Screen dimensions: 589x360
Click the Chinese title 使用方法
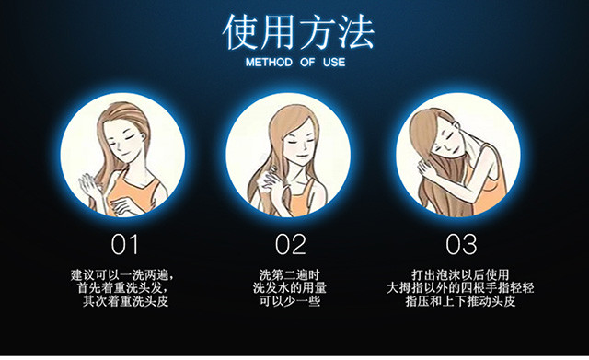[298, 32]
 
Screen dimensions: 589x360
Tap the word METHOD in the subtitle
[269, 63]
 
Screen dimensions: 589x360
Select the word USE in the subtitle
[334, 63]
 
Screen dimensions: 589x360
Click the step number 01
[125, 245]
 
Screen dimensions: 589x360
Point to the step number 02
[291, 245]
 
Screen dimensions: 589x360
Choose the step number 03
[461, 245]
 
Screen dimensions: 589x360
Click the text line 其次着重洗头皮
[125, 301]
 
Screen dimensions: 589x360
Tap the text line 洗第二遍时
[290, 275]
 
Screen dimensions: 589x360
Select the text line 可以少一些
[290, 301]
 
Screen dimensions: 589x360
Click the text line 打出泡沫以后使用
[460, 275]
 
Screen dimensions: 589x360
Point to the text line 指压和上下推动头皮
[460, 301]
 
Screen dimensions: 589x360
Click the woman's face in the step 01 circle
[123, 141]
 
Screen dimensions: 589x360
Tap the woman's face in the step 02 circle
[299, 142]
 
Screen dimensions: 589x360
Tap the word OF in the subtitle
[307, 63]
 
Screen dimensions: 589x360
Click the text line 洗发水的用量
[290, 288]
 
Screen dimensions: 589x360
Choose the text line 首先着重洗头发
[121, 288]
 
